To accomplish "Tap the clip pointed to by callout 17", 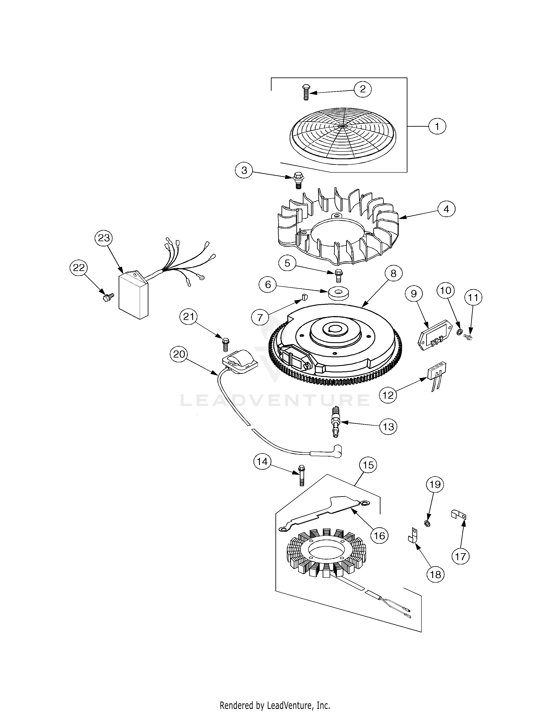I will coord(459,515).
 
